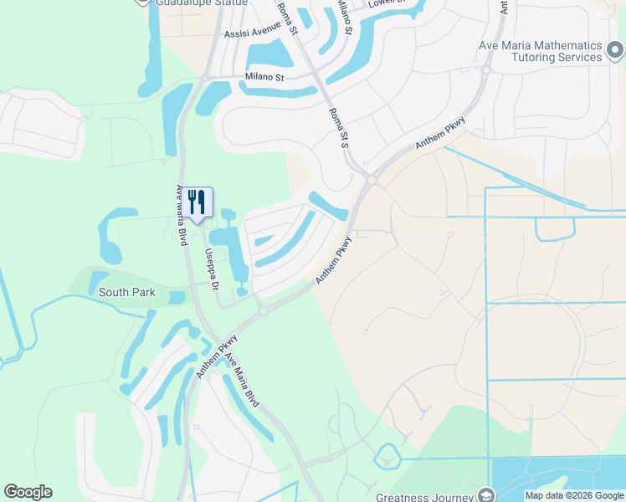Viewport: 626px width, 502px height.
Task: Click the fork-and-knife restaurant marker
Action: (198, 202)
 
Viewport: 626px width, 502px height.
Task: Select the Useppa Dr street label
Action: (212, 269)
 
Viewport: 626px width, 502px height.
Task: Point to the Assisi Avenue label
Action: (253, 34)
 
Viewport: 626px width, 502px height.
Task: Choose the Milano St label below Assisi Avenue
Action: (265, 77)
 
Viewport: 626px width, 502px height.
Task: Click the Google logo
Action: (28, 492)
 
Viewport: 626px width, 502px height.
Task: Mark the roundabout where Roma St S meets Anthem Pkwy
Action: (370, 179)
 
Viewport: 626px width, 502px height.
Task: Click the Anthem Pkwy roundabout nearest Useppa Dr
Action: (262, 311)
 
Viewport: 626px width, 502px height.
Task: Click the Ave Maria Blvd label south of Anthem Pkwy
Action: (240, 381)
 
